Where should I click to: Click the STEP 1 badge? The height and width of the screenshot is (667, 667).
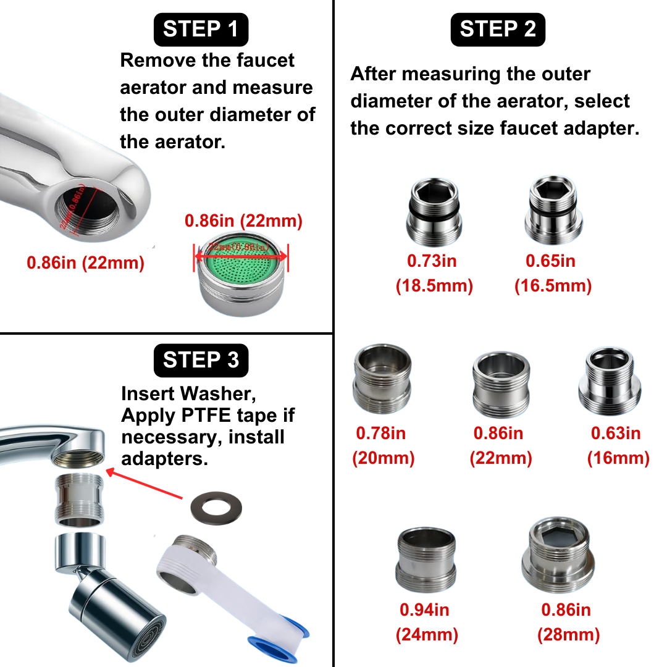tap(201, 29)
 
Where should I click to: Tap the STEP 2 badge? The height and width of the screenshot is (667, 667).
tap(498, 29)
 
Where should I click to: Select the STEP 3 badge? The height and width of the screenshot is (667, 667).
tap(201, 360)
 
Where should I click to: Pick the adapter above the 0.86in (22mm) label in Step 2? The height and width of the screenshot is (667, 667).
tap(501, 384)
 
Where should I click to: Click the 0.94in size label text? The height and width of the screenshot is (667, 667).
tap(424, 610)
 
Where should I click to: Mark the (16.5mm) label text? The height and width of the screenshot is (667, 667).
tap(553, 286)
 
